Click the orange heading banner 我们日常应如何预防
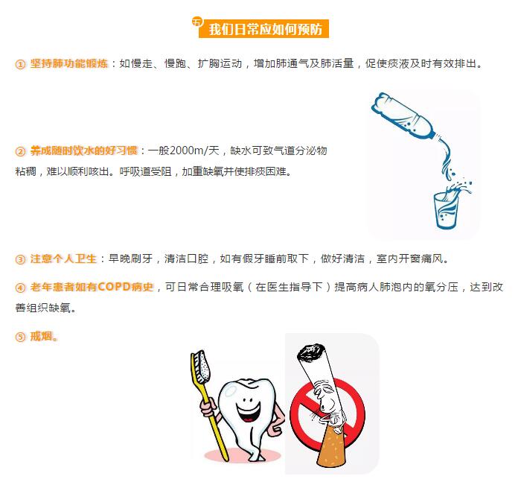263,29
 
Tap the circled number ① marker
20,64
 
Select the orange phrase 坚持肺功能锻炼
69,63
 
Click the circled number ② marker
20,152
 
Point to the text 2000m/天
194,151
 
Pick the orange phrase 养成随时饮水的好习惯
83,151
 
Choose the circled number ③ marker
20,259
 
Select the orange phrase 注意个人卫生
63,259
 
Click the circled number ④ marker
20,288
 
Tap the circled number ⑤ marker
20,337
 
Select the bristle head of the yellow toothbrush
202,367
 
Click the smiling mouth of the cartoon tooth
248,411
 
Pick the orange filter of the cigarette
332,445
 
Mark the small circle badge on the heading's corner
197,22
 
